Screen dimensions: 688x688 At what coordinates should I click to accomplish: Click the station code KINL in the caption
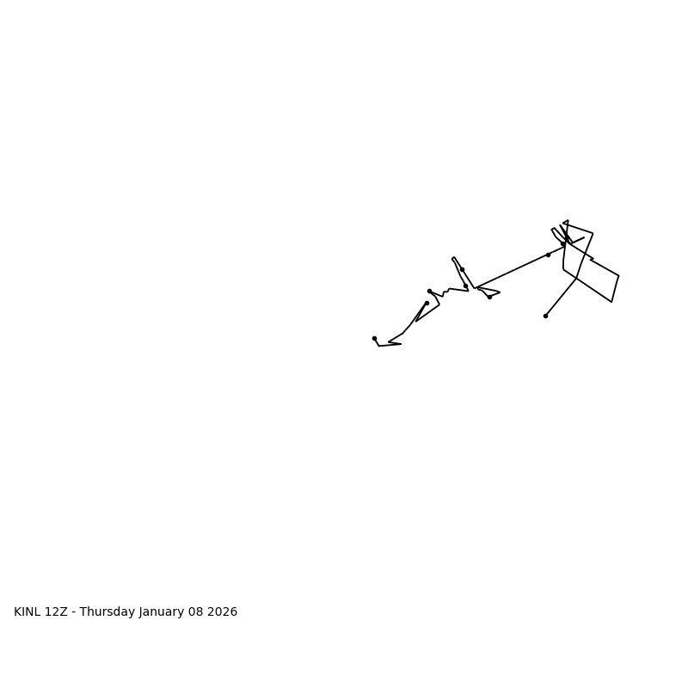[x=28, y=612]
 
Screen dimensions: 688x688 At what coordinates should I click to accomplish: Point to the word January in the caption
[x=163, y=612]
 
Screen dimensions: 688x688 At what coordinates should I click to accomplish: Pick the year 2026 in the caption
[x=223, y=612]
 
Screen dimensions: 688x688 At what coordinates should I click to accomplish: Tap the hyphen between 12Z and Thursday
[x=73, y=612]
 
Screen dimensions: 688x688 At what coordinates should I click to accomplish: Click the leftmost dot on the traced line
[x=374, y=338]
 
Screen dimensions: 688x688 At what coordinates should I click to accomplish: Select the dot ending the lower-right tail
[x=545, y=316]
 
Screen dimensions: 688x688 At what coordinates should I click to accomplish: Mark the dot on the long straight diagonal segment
[x=548, y=255]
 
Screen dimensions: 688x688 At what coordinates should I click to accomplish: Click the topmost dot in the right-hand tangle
[x=563, y=243]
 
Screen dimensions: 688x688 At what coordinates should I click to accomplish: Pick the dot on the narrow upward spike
[x=462, y=269]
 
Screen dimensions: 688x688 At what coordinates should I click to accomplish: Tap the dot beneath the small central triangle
[x=489, y=297]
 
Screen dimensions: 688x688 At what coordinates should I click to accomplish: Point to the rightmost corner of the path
[x=618, y=276]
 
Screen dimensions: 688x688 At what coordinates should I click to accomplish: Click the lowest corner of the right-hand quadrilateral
[x=611, y=302]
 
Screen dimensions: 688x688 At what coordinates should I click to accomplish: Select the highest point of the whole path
[x=568, y=221]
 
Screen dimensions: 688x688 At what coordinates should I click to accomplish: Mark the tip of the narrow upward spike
[x=453, y=258]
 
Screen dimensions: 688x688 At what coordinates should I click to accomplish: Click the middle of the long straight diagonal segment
[x=512, y=271]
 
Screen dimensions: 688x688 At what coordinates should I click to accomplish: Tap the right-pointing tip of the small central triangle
[x=500, y=292]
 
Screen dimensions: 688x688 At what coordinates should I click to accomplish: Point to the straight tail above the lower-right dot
[x=561, y=297]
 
